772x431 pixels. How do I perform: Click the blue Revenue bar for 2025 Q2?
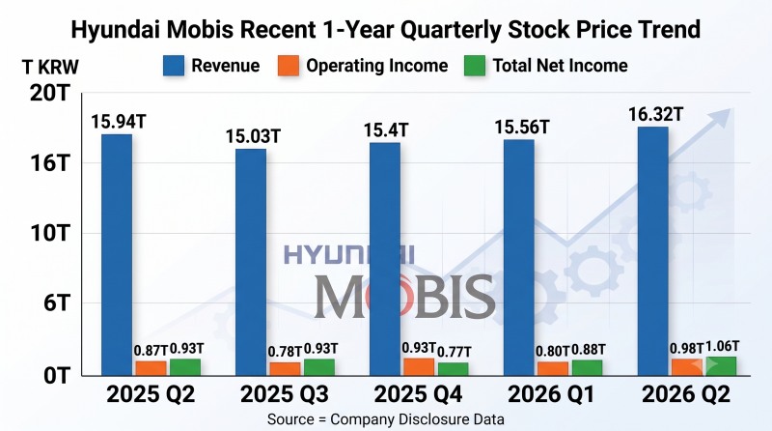pyautogui.click(x=117, y=254)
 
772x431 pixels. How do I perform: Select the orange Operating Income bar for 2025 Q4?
pyautogui.click(x=419, y=367)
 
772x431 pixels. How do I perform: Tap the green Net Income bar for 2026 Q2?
pyautogui.click(x=721, y=366)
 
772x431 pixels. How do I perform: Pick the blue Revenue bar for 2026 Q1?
pyautogui.click(x=519, y=257)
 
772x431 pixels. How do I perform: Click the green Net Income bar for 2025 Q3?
pyautogui.click(x=319, y=367)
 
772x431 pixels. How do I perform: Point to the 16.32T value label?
pyautogui.click(x=656, y=114)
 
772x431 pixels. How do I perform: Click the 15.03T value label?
pyautogui.click(x=253, y=136)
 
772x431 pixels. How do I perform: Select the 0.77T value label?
pyautogui.click(x=454, y=352)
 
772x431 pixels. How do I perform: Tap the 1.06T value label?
pyautogui.click(x=722, y=346)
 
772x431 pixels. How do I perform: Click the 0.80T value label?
pyautogui.click(x=552, y=351)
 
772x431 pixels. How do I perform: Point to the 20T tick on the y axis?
pyautogui.click(x=50, y=93)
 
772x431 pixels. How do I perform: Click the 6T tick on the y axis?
pyautogui.click(x=57, y=302)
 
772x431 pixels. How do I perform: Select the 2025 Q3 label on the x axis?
pyautogui.click(x=285, y=394)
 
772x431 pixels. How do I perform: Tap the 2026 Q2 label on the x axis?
pyautogui.click(x=686, y=394)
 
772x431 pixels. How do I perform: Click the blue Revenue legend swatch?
pyautogui.click(x=174, y=66)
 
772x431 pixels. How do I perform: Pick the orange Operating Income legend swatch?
pyautogui.click(x=289, y=66)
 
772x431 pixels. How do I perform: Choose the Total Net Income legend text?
pyautogui.click(x=561, y=66)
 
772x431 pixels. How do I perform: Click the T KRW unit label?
pyautogui.click(x=51, y=67)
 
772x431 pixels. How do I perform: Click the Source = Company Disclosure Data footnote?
pyautogui.click(x=385, y=419)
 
